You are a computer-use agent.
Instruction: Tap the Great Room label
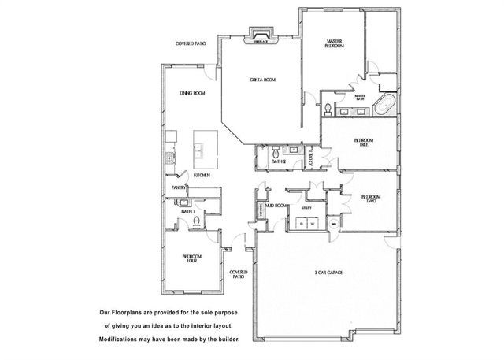coord(261,80)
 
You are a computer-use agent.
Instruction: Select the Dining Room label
coord(192,94)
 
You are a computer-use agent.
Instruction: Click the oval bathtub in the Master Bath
coord(386,106)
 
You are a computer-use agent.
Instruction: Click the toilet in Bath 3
coord(197,222)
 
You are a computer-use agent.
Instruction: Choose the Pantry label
coord(179,187)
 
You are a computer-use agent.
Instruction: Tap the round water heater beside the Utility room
coord(333,224)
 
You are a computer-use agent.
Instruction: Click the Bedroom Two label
coord(370,199)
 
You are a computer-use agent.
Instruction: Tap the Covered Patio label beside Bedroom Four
coord(238,275)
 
